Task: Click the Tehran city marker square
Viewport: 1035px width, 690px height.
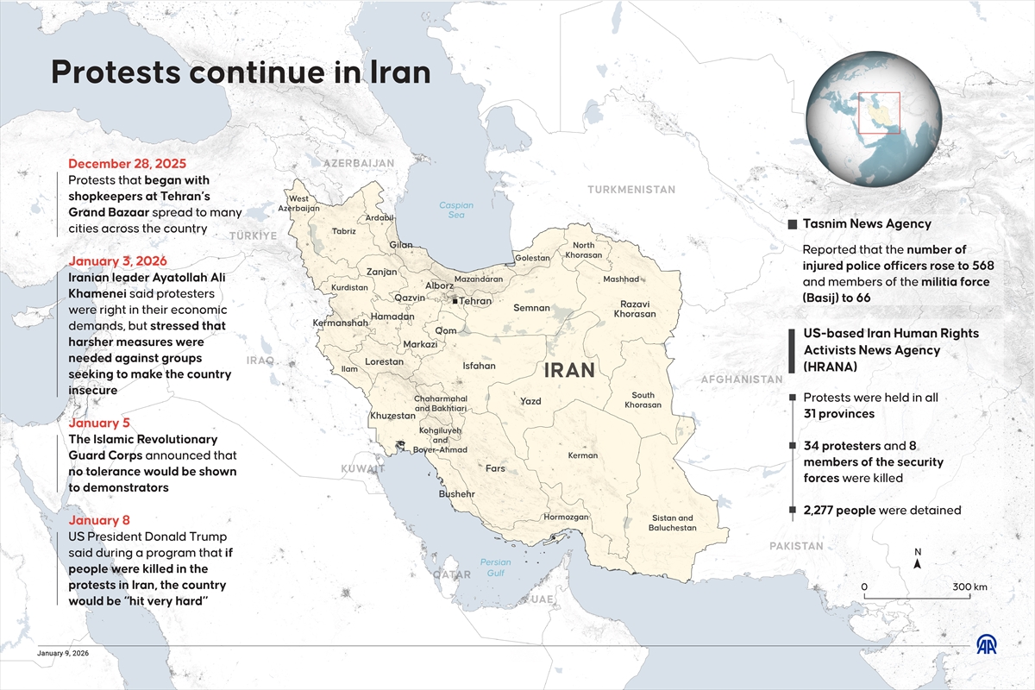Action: (455, 301)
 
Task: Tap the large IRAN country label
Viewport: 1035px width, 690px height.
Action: (569, 371)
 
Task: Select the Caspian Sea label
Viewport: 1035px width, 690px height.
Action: (456, 210)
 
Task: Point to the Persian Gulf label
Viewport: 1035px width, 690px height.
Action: (495, 568)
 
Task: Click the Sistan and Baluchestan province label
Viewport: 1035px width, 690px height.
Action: (672, 523)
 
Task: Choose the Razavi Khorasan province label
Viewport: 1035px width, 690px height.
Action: (635, 309)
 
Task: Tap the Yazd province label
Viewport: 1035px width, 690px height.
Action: (530, 401)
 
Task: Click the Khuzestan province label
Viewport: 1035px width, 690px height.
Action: (392, 416)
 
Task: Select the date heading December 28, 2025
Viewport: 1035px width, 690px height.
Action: (127, 164)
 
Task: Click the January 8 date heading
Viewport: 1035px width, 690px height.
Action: (98, 520)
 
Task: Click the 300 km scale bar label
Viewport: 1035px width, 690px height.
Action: (969, 587)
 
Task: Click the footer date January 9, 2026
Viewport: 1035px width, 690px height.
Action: (63, 654)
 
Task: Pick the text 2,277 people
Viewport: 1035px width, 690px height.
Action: (839, 510)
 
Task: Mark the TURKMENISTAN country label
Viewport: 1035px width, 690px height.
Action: (631, 189)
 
